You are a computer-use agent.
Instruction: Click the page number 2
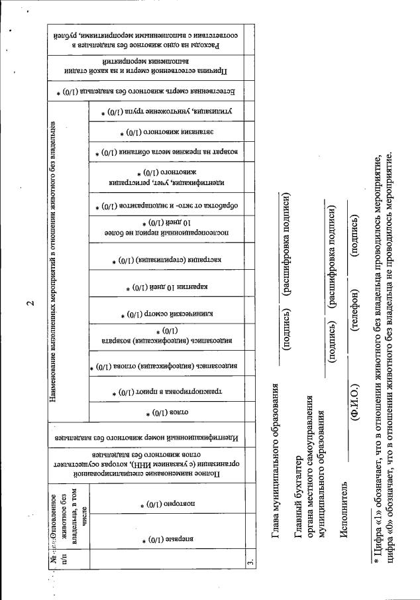[x=30, y=304]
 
